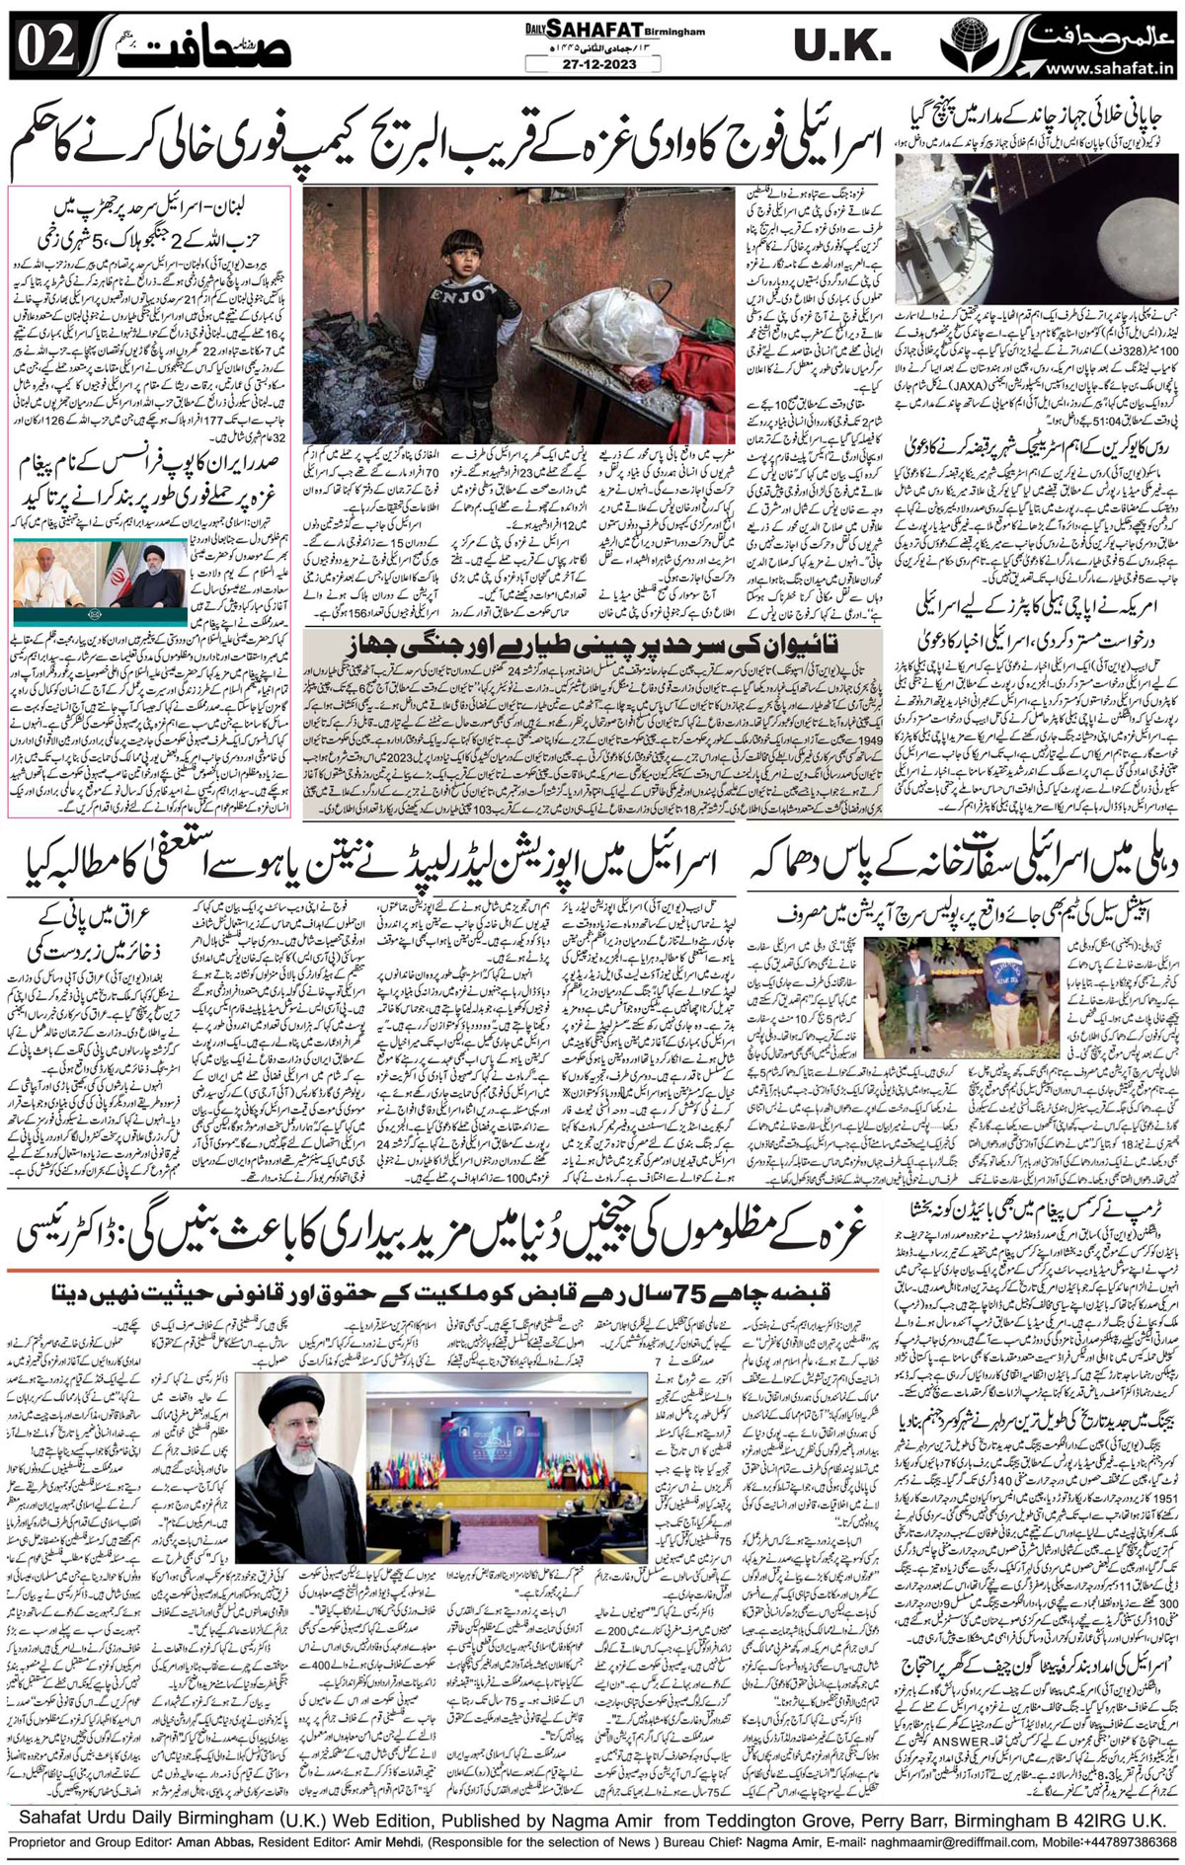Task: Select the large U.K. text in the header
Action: click(836, 45)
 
